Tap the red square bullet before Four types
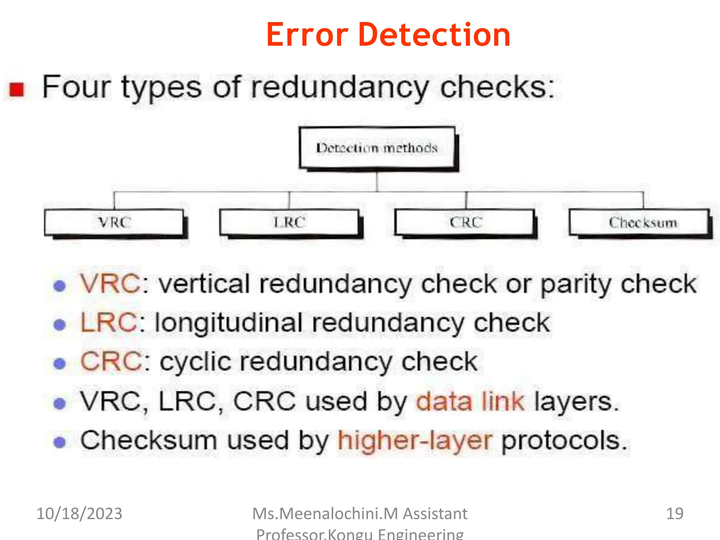[x=17, y=89]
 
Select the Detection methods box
[x=377, y=148]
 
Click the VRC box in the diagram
[x=114, y=223]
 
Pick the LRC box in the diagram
[x=289, y=223]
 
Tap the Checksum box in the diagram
[x=639, y=223]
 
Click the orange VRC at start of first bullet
[x=110, y=284]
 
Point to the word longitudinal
[x=229, y=323]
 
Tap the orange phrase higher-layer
[x=414, y=441]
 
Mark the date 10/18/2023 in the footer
[x=79, y=514]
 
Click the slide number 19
[x=675, y=514]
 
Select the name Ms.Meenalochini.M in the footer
[x=325, y=514]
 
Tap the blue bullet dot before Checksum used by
[x=60, y=442]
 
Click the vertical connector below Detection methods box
[x=377, y=181]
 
